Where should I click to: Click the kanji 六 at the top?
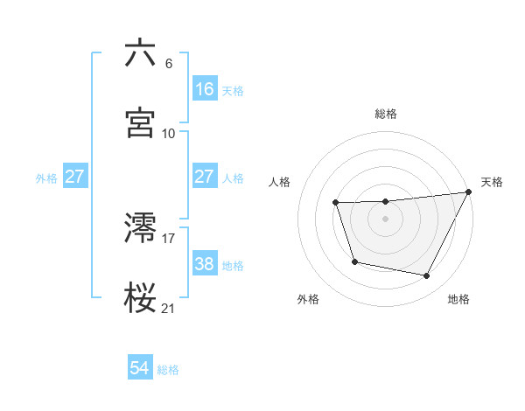pos(141,53)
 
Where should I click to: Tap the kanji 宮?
pos(141,122)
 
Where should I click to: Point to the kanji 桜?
pos(141,297)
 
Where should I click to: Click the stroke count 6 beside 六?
pos(169,64)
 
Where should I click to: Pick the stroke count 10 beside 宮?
pos(169,133)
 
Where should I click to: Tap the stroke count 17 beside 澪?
pos(169,238)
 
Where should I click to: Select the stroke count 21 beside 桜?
pos(169,308)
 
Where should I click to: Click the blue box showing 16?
pos(205,89)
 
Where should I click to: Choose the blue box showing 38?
pos(205,264)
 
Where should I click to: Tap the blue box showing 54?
pos(140,369)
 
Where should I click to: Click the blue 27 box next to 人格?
pos(205,177)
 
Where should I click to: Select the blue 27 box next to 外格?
pos(75,177)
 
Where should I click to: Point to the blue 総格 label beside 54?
pos(168,370)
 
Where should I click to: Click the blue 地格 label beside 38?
pos(233,265)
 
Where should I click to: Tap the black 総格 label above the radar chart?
pos(386,114)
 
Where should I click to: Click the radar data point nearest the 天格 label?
pos(469,192)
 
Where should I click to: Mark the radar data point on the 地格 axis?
pos(427,275)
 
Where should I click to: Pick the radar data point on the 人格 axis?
pos(336,203)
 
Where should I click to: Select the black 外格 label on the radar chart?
pos(308,299)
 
